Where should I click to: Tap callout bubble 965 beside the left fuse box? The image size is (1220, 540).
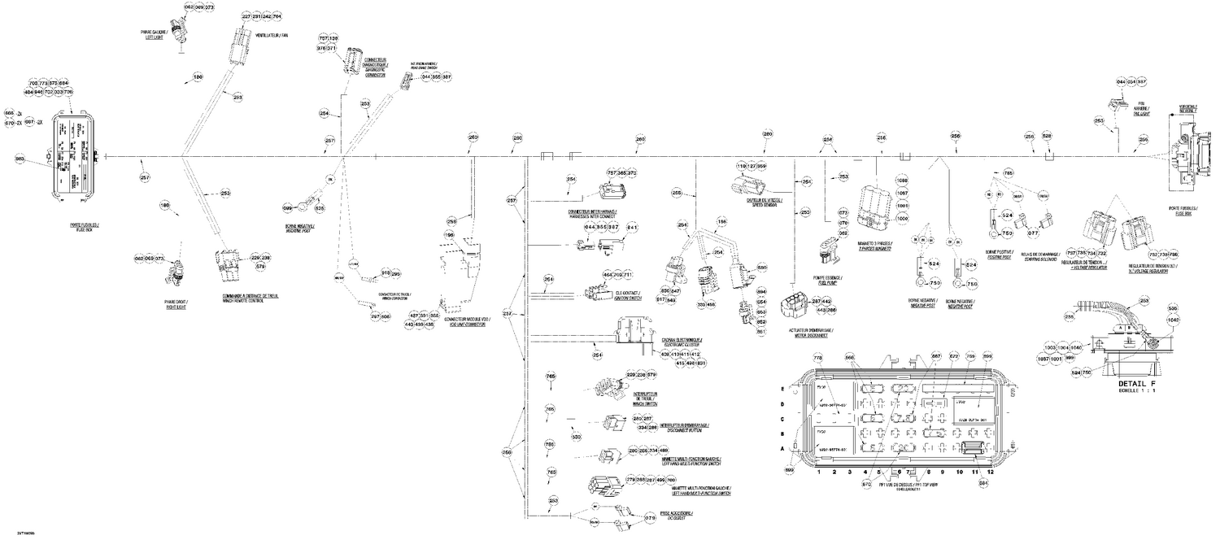[20, 158]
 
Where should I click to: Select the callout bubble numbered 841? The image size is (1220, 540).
[631, 227]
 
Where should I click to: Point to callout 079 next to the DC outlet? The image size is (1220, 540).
[649, 517]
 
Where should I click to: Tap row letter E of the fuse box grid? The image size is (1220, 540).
[782, 389]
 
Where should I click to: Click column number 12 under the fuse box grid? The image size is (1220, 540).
[991, 471]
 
